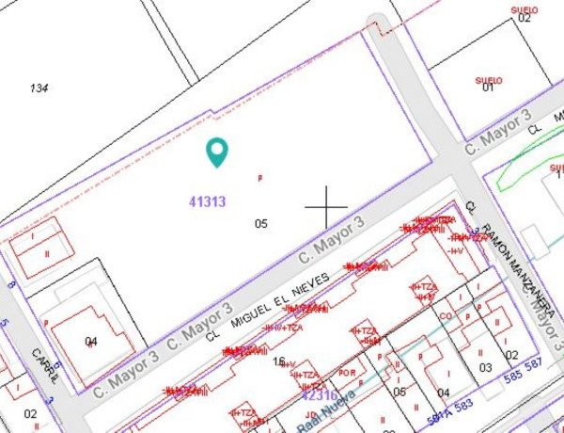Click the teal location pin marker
217,152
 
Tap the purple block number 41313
207,200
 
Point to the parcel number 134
39,88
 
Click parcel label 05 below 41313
261,224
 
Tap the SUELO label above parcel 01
489,80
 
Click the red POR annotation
347,373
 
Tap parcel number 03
485,367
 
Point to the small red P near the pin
260,177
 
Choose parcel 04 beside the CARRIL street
91,341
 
